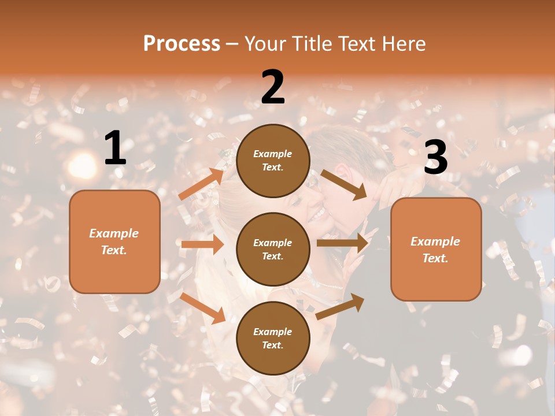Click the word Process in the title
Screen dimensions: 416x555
click(x=182, y=43)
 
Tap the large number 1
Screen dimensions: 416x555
click(x=115, y=148)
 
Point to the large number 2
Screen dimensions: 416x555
click(x=273, y=87)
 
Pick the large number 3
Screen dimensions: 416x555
click(x=436, y=157)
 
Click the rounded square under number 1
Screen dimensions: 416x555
click(x=114, y=242)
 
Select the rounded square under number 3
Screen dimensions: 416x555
click(x=436, y=250)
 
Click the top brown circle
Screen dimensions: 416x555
click(x=273, y=161)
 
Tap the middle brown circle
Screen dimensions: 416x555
click(x=273, y=249)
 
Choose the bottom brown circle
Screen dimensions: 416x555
click(x=273, y=338)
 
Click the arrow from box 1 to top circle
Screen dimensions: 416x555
click(x=201, y=184)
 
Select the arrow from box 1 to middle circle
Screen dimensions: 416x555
click(x=202, y=244)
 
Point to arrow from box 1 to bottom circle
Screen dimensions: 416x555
click(x=202, y=308)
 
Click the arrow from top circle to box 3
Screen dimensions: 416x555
click(x=343, y=184)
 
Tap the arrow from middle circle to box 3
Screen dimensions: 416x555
click(x=342, y=243)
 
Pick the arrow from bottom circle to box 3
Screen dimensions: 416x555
click(x=340, y=306)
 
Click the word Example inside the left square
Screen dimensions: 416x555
click(x=114, y=233)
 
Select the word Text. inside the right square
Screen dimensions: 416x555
click(x=435, y=258)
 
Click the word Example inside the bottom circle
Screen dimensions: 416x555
click(x=273, y=332)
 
